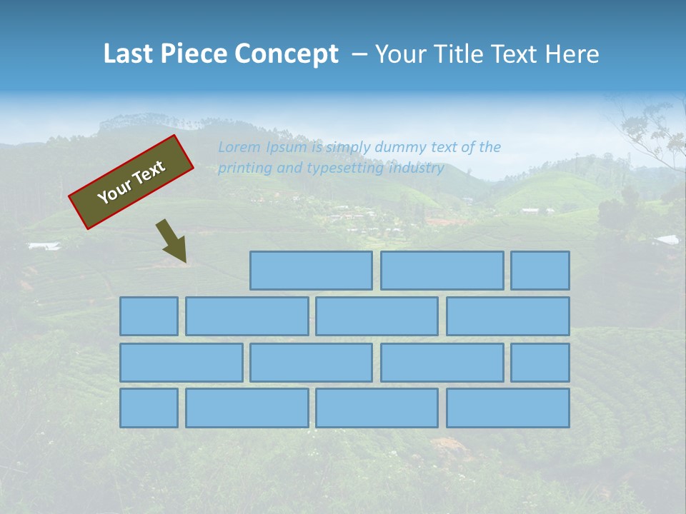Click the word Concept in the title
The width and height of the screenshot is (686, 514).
coord(287,54)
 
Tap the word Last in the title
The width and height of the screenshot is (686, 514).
coord(130,54)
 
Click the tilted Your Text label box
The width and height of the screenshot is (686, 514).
coord(131,182)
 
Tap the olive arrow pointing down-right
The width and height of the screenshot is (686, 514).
coord(171,241)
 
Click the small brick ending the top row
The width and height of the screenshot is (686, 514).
coord(540,271)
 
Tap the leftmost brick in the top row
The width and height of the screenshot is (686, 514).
coord(311,271)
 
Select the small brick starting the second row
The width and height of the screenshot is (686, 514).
coord(149,316)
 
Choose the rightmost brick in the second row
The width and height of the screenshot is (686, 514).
coord(508,316)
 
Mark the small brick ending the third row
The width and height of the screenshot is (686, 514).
coord(540,363)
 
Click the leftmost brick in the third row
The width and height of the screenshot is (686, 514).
coord(181,363)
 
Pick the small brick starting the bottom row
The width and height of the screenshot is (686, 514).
coord(149,408)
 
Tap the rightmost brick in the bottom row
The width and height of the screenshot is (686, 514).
coord(508,408)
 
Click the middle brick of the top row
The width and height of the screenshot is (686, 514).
coord(442,271)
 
